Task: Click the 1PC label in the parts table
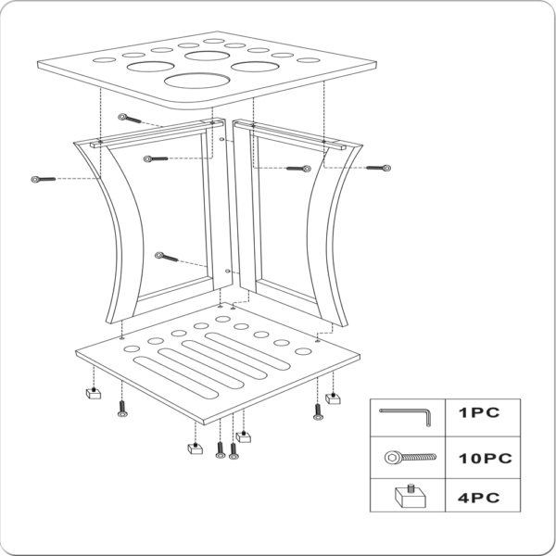pos(479,412)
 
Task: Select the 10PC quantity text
pos(485,459)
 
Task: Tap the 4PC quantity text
pos(478,498)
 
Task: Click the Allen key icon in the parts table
pos(406,416)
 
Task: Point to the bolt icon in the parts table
pos(411,458)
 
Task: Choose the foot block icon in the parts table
pos(411,496)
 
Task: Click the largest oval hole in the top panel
pos(196,81)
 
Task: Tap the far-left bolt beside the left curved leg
pos(44,180)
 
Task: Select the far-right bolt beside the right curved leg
pos(378,168)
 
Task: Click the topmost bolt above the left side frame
pos(130,119)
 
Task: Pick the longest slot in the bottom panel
pos(175,377)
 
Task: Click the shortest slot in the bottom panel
pos(247,351)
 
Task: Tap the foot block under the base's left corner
pos(94,394)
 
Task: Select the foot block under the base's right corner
pos(333,398)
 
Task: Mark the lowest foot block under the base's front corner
pos(195,449)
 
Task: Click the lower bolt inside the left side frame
pos(166,257)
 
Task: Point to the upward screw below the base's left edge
pos(122,409)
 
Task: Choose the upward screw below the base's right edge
pos(318,412)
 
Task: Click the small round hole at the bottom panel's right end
pos(303,352)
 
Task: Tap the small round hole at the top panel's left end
pos(104,60)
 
